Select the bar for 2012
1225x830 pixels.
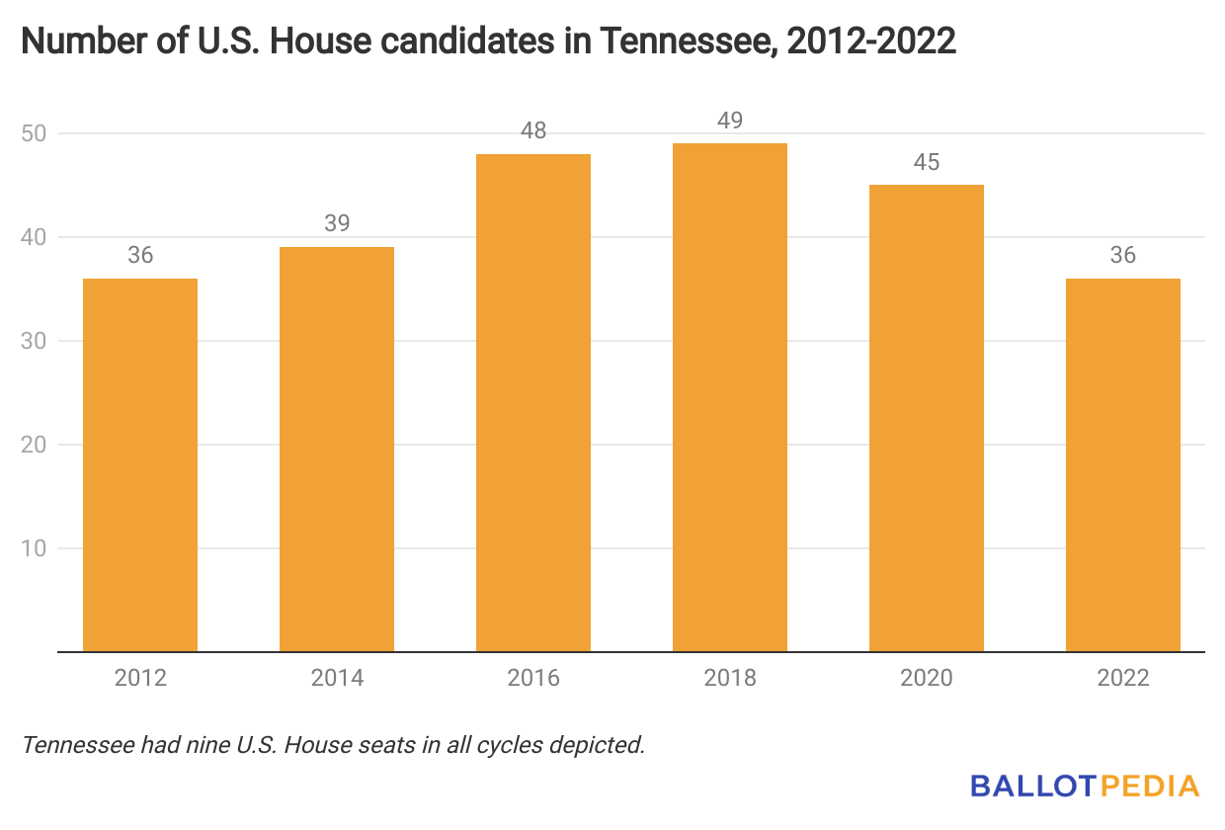(140, 464)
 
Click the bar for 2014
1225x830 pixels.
(337, 450)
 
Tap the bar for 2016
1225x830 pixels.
(533, 403)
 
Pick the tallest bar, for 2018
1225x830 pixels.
(730, 397)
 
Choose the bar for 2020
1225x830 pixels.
(927, 418)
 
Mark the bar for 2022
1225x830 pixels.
(1123, 464)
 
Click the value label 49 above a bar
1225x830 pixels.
(730, 121)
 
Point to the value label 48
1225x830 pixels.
(533, 130)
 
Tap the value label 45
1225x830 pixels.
(927, 162)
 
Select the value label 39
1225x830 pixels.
(337, 224)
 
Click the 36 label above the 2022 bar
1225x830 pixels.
(1123, 255)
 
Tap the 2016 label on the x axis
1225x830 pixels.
(533, 678)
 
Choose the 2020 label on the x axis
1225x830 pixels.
(927, 678)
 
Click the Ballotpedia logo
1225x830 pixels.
(1085, 787)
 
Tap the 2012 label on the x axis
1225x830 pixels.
(140, 678)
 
